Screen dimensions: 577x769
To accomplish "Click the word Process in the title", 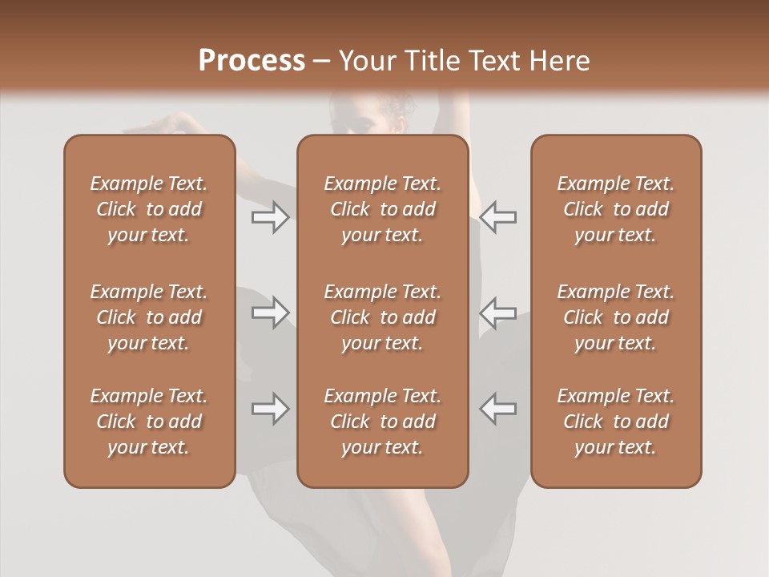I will pos(252,61).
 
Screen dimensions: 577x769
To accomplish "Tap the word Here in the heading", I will pos(559,61).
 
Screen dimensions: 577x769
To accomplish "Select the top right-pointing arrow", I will pos(271,217).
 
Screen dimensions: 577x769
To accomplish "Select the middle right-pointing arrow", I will pos(271,313).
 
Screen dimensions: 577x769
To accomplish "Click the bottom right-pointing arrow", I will pos(271,409).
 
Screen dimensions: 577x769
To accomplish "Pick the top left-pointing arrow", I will pos(498,217).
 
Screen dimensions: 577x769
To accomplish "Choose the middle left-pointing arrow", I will pos(498,313).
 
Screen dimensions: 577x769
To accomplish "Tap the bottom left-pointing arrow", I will pos(498,409).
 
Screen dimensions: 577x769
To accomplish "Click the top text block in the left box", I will pos(149,209).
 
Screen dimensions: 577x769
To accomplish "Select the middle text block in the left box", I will pos(149,317).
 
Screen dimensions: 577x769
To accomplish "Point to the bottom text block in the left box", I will pos(149,422).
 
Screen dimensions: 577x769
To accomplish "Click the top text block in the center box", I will pos(383,209).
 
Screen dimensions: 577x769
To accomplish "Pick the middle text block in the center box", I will pos(383,317).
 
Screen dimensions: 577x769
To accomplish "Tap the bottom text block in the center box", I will pos(383,422).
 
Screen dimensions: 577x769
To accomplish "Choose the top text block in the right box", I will pos(616,209).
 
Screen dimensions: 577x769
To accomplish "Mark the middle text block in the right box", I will pos(616,317).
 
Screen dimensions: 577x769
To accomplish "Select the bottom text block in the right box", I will pos(616,422).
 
